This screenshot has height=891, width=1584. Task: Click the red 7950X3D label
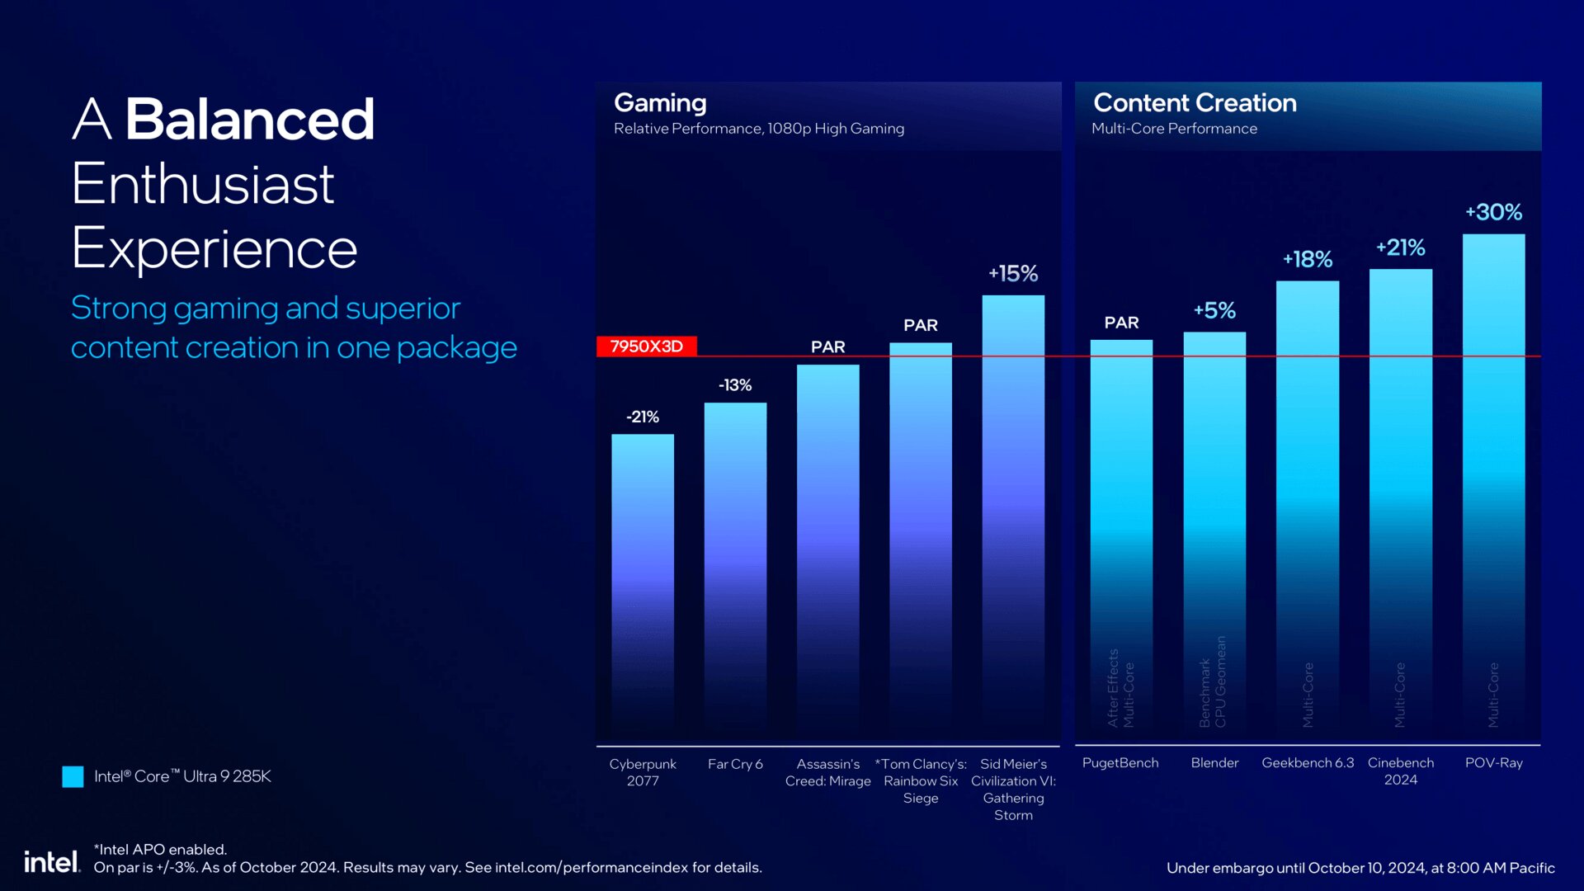click(x=647, y=346)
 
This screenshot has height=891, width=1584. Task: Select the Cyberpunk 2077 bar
click(x=643, y=577)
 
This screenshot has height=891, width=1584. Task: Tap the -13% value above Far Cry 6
click(x=734, y=385)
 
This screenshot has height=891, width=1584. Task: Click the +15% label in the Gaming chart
click(x=1013, y=274)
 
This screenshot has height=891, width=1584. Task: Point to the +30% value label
click(x=1493, y=213)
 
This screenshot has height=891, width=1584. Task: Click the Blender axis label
click(x=1214, y=763)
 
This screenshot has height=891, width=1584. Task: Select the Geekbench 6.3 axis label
click(x=1308, y=763)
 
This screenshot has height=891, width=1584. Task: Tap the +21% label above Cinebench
click(x=1400, y=247)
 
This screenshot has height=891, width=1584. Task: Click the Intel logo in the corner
click(x=51, y=862)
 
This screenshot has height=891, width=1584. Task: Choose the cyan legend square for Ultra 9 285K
click(x=73, y=776)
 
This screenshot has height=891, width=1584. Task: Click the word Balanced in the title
click(x=249, y=120)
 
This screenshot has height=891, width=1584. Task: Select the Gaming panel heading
click(x=660, y=103)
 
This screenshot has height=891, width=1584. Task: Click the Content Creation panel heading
click(x=1195, y=103)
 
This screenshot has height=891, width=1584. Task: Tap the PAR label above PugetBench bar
click(x=1121, y=323)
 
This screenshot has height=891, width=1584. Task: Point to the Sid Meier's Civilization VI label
click(x=1013, y=789)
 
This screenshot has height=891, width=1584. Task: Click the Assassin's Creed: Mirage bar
click(x=827, y=544)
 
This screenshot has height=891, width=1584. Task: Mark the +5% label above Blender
click(x=1214, y=311)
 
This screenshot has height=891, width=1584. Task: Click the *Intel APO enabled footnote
click(x=160, y=849)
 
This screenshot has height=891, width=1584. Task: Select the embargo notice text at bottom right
click(x=1360, y=868)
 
